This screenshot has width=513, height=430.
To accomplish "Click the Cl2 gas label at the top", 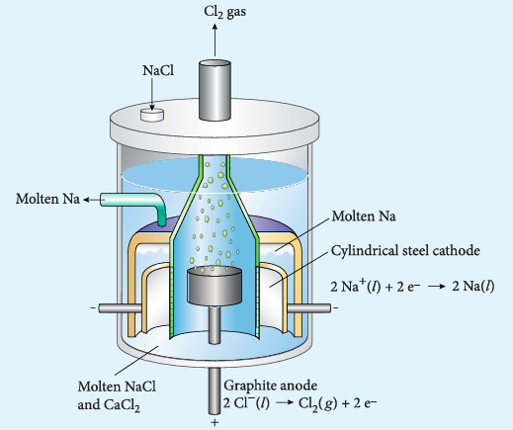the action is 224,12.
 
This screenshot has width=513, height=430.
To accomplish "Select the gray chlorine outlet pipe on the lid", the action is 214,90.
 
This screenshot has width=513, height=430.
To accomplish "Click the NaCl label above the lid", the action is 158,70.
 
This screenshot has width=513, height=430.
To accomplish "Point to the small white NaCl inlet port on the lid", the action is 152,115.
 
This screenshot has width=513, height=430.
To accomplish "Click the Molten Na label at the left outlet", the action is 47,199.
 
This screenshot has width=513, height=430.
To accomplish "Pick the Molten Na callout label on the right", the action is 364,216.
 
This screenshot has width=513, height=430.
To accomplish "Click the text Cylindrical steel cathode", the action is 405,251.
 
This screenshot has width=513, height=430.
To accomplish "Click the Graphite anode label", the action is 271,386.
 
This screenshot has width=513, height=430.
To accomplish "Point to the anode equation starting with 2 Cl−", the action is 299,403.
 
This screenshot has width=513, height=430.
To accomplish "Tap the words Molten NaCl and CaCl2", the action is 117,395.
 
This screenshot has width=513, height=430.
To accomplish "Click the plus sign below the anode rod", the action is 214,422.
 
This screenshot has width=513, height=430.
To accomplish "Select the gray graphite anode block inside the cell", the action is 214,286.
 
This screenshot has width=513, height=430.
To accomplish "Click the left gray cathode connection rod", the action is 121,308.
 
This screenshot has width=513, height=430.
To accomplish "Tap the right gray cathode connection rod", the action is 309,308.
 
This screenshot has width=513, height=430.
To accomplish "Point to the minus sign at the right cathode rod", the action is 335,308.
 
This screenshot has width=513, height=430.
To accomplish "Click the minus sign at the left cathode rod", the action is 94,308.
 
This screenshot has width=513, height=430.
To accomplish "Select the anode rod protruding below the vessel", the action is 214,391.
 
